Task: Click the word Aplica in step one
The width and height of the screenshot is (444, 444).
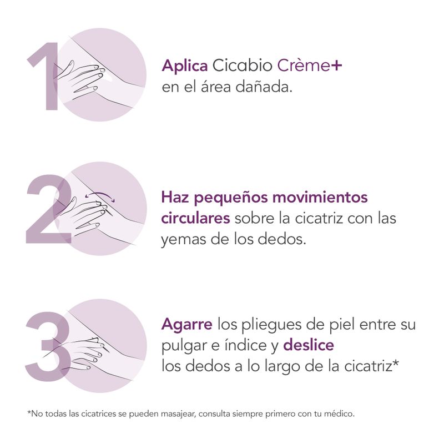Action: (x=185, y=66)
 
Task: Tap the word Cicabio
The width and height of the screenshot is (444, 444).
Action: (x=243, y=65)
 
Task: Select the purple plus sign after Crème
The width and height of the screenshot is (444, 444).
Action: (x=337, y=66)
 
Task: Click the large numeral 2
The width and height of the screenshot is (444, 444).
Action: (x=49, y=209)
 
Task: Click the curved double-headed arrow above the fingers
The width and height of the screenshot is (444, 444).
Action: (x=100, y=195)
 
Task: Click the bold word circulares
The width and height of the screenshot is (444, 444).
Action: (x=196, y=218)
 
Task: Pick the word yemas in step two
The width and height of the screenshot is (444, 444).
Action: (x=184, y=240)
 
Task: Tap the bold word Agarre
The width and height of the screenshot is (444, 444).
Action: (x=187, y=325)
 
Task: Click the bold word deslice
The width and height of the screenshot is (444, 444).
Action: (x=309, y=345)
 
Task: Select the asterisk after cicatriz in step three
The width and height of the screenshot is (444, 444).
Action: (x=395, y=363)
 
